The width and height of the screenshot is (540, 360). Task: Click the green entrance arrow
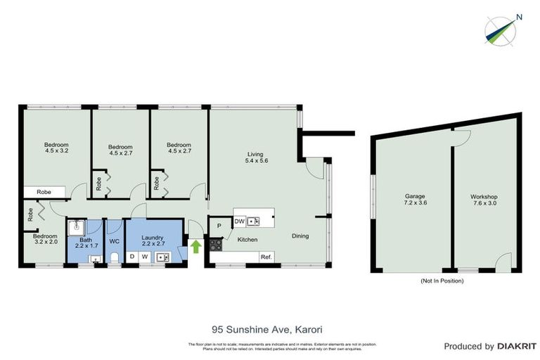(x=195, y=247)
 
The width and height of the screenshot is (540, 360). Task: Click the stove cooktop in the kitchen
(x=215, y=245)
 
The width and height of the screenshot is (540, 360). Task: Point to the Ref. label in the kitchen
(x=266, y=257)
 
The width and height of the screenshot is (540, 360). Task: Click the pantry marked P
(x=219, y=226)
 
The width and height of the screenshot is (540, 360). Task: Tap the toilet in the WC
(x=114, y=259)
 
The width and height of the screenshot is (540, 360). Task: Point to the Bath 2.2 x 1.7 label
(x=85, y=243)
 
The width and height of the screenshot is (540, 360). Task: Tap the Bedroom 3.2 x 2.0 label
(x=44, y=240)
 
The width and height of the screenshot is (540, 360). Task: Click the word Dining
(x=300, y=236)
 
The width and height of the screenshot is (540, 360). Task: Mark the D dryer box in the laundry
(x=131, y=257)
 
